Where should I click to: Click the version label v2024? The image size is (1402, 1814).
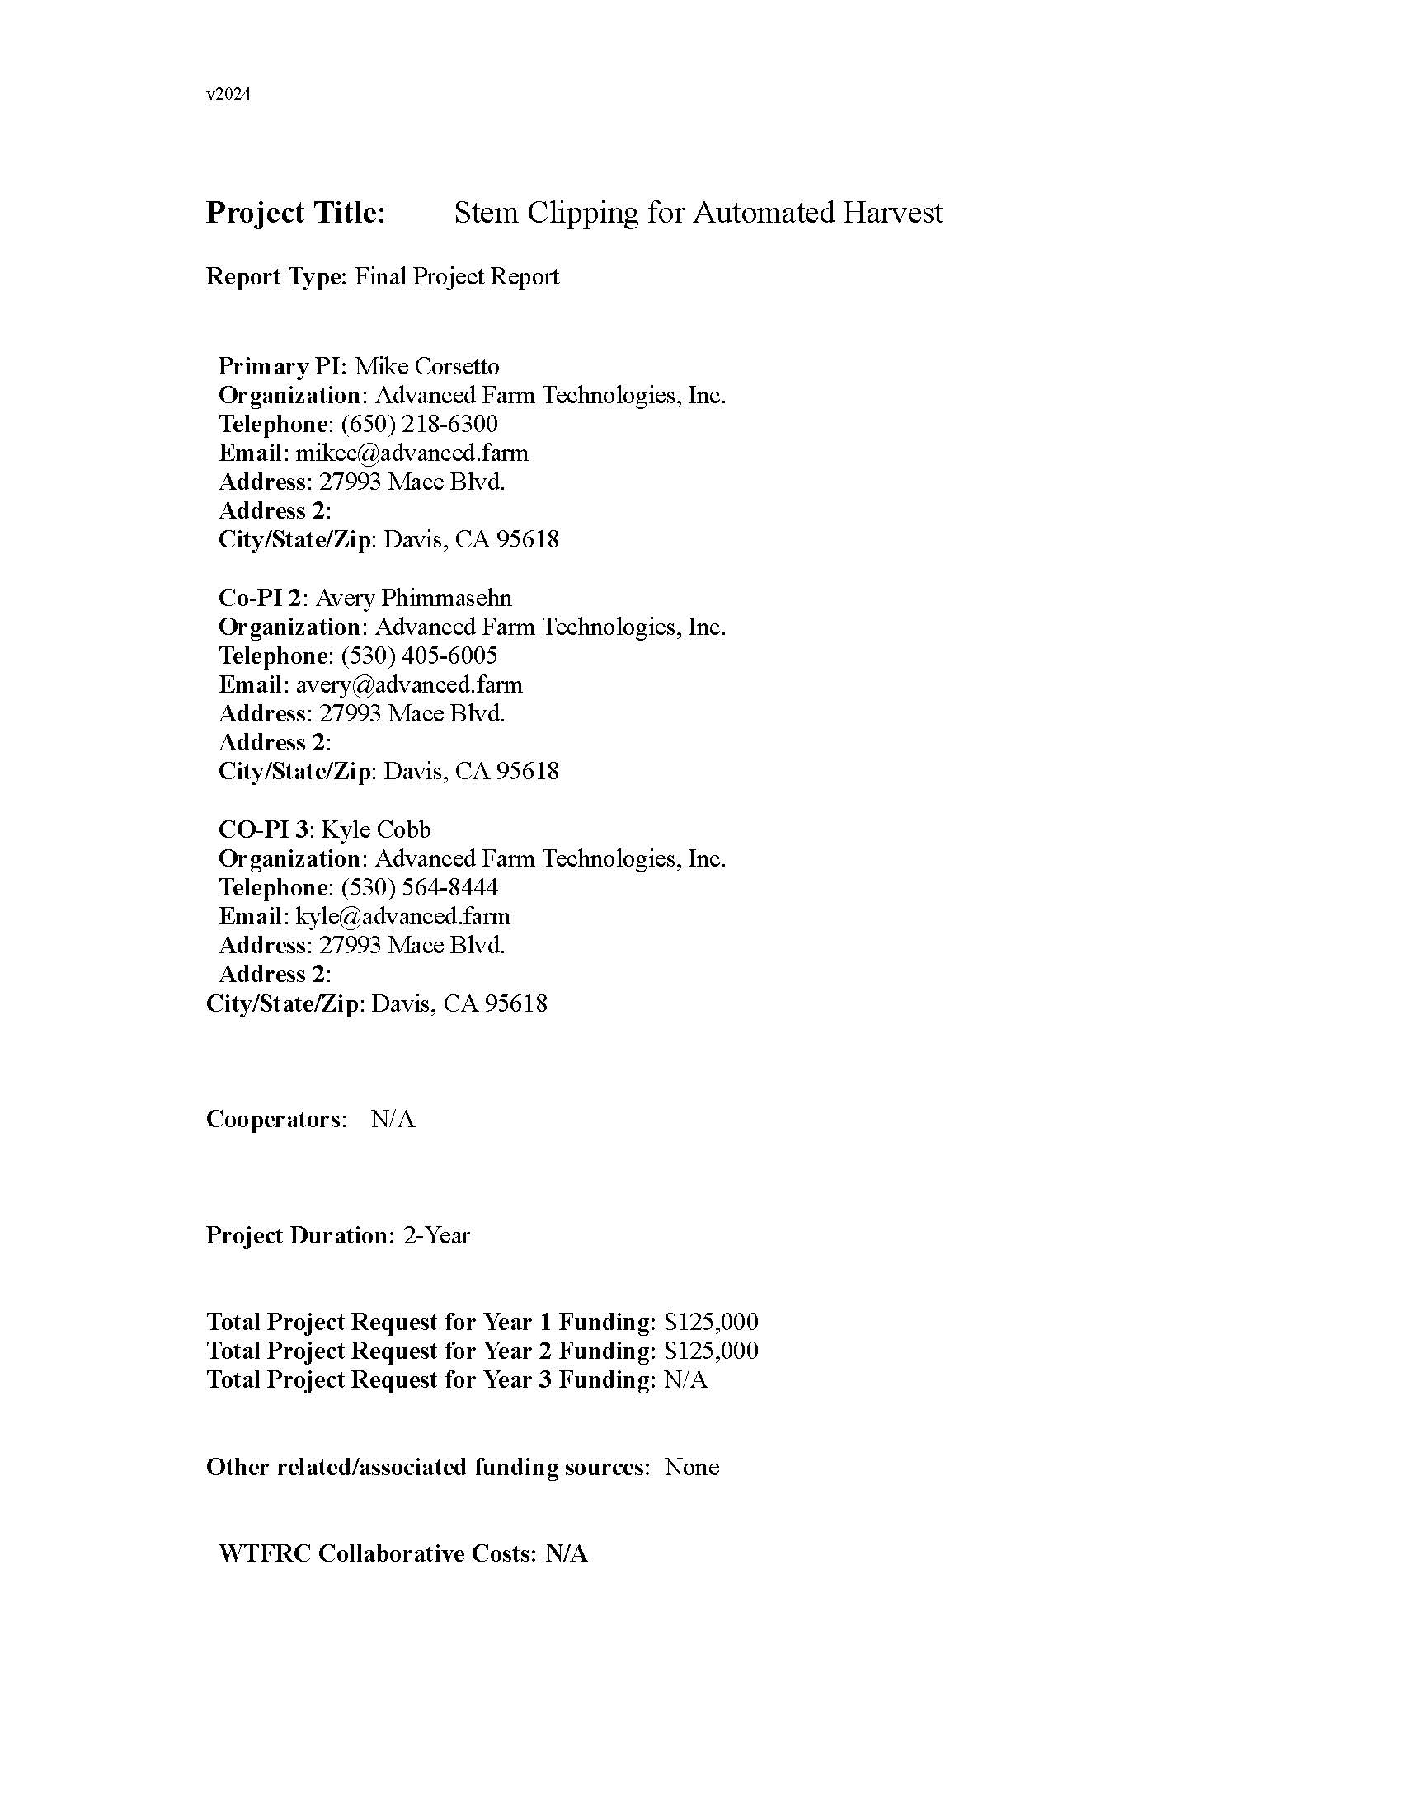click(x=228, y=94)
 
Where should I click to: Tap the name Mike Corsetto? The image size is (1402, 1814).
click(x=427, y=366)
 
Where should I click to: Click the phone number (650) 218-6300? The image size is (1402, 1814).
click(x=420, y=425)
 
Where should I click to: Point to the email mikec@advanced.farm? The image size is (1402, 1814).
click(x=412, y=453)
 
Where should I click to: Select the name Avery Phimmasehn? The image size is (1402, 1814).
click(x=414, y=598)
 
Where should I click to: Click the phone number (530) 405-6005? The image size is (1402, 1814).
click(x=420, y=656)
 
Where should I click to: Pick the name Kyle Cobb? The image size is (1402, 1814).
click(x=376, y=829)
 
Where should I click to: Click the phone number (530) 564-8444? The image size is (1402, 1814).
click(x=420, y=888)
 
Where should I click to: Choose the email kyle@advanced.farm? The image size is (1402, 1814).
click(x=402, y=917)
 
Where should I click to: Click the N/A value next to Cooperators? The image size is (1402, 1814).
click(x=393, y=1120)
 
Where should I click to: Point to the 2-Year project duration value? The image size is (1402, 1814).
click(x=437, y=1236)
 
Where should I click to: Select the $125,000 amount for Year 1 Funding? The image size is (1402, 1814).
click(x=711, y=1323)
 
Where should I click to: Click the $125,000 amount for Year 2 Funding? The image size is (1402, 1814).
click(x=711, y=1351)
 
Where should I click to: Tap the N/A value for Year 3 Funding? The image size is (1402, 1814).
click(x=686, y=1380)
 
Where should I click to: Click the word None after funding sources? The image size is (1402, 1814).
click(x=692, y=1468)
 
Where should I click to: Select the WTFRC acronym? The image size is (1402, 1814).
click(x=264, y=1554)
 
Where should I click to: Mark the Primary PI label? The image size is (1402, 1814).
click(x=282, y=366)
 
